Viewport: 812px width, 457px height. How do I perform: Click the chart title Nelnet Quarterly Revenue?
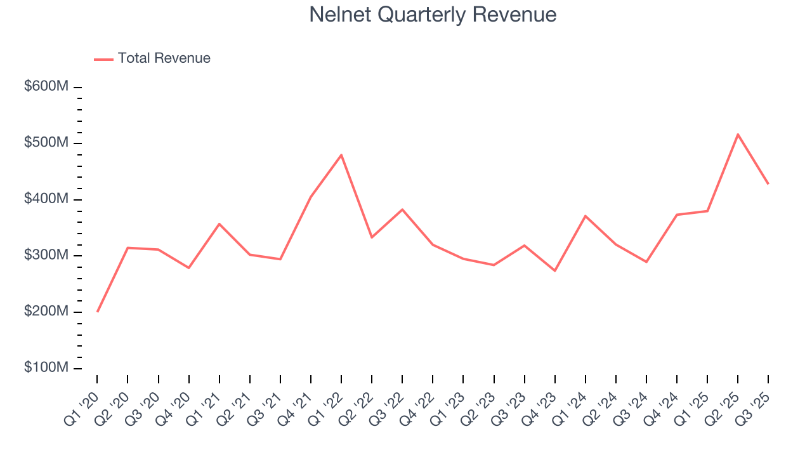[x=433, y=15]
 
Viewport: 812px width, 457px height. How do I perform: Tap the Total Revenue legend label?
[x=164, y=58]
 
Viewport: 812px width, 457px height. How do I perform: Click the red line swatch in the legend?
[x=103, y=59]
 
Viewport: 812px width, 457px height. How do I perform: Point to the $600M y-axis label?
[x=46, y=86]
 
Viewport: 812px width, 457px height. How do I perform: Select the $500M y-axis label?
[x=46, y=143]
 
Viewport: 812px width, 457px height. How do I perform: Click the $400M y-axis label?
[x=46, y=199]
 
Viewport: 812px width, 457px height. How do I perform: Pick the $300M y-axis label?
[x=46, y=255]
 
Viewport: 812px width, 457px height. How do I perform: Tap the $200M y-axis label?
[x=46, y=312]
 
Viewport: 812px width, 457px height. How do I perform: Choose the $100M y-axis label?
[x=46, y=368]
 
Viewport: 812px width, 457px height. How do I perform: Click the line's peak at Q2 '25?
[x=738, y=134]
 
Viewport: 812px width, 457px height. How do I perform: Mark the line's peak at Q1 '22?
[x=341, y=155]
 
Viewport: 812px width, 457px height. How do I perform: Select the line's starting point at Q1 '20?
[x=97, y=312]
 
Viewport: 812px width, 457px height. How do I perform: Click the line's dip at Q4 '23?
[x=555, y=271]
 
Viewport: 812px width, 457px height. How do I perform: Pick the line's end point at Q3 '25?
[x=768, y=184]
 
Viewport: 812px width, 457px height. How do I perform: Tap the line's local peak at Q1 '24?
[x=586, y=216]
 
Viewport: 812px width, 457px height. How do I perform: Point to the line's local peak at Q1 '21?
[x=219, y=223]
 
